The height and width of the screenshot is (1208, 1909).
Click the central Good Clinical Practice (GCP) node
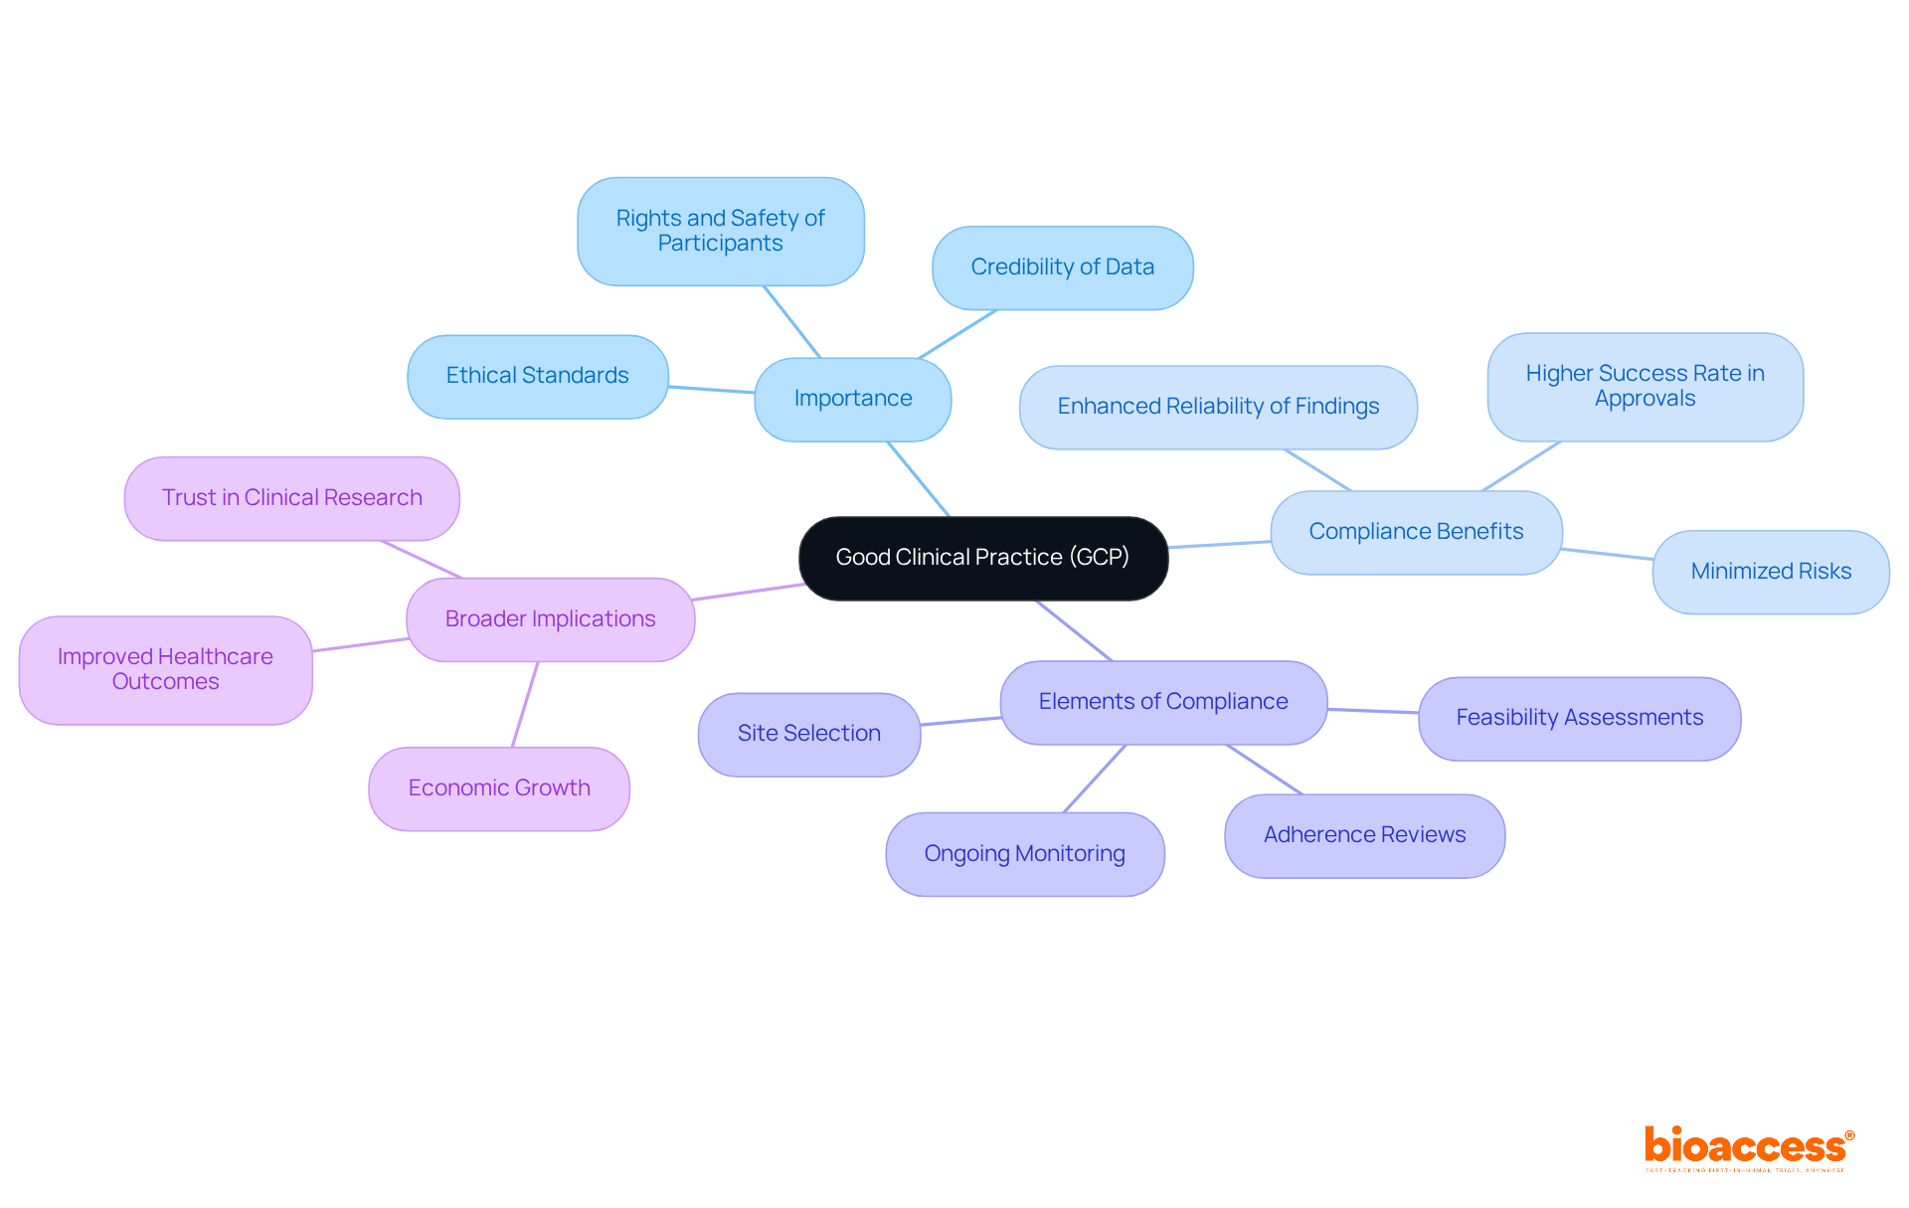[x=982, y=558]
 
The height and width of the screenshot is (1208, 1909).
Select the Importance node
[x=852, y=399]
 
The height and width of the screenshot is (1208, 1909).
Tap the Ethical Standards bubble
[x=537, y=376]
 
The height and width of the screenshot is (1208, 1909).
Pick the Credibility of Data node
[x=1062, y=267]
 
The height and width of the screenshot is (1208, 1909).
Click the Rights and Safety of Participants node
[x=720, y=231]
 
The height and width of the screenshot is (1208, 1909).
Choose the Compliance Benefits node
[x=1416, y=532]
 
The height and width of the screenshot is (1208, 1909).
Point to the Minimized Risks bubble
[x=1770, y=572]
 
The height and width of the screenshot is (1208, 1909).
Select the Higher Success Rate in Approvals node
[x=1645, y=386]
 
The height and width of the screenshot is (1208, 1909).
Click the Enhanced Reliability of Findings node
[x=1218, y=407]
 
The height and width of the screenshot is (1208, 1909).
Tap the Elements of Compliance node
[x=1163, y=702]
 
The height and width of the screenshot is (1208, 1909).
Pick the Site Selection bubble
[x=808, y=734]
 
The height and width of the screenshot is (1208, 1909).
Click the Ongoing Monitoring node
[x=1024, y=854]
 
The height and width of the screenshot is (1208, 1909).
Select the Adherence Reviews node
[x=1364, y=835]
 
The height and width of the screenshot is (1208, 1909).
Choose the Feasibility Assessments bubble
[x=1579, y=718]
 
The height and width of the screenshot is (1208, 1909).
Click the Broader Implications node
[x=550, y=619]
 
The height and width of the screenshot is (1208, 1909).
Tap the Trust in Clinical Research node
[x=291, y=498]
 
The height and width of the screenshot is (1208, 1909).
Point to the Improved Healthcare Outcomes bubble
[x=165, y=669]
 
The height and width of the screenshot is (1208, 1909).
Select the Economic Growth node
[x=499, y=788]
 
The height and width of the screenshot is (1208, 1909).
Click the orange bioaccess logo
[x=1747, y=1147]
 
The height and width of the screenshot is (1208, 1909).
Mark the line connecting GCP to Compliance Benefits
[x=1220, y=544]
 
